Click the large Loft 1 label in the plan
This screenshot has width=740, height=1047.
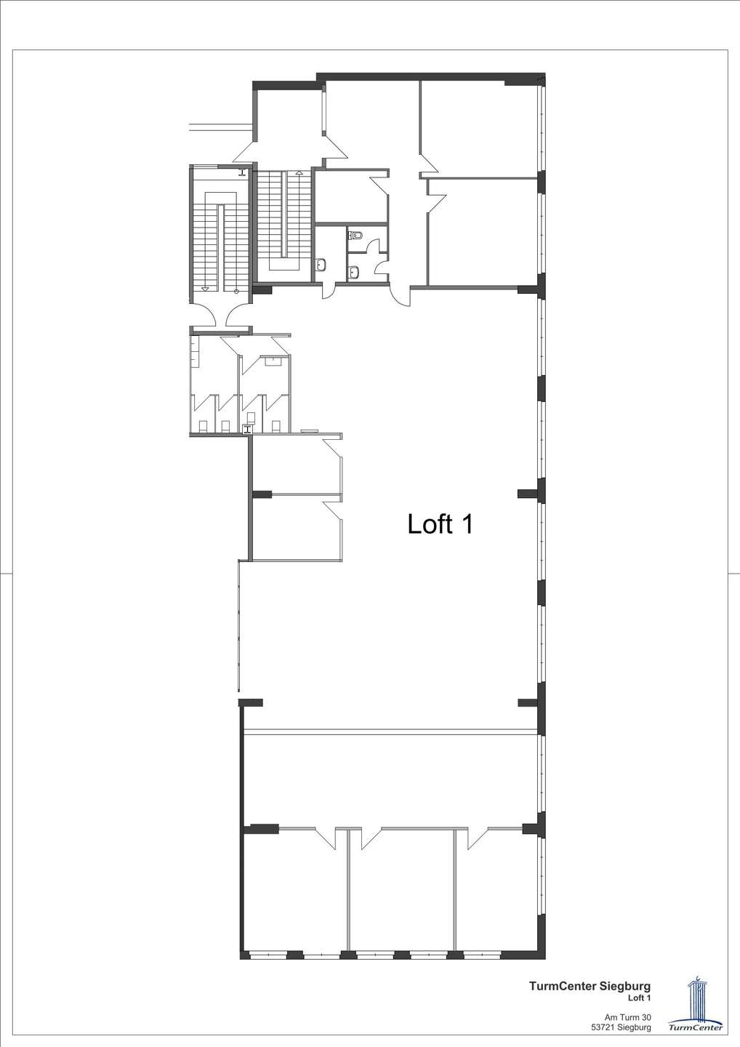click(x=441, y=523)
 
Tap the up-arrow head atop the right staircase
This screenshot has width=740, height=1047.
click(x=299, y=172)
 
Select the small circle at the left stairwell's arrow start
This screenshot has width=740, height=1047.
click(x=237, y=291)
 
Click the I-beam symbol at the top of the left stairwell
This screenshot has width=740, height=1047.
click(x=243, y=173)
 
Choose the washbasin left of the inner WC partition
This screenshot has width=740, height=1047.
click(x=322, y=265)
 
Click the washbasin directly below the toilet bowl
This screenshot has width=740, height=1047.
click(x=355, y=270)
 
